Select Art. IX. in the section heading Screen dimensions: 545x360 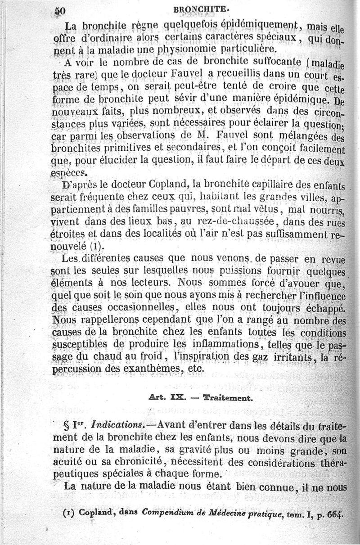pyautogui.click(x=166, y=398)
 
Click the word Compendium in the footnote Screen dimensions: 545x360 pyautogui.click(x=167, y=512)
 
